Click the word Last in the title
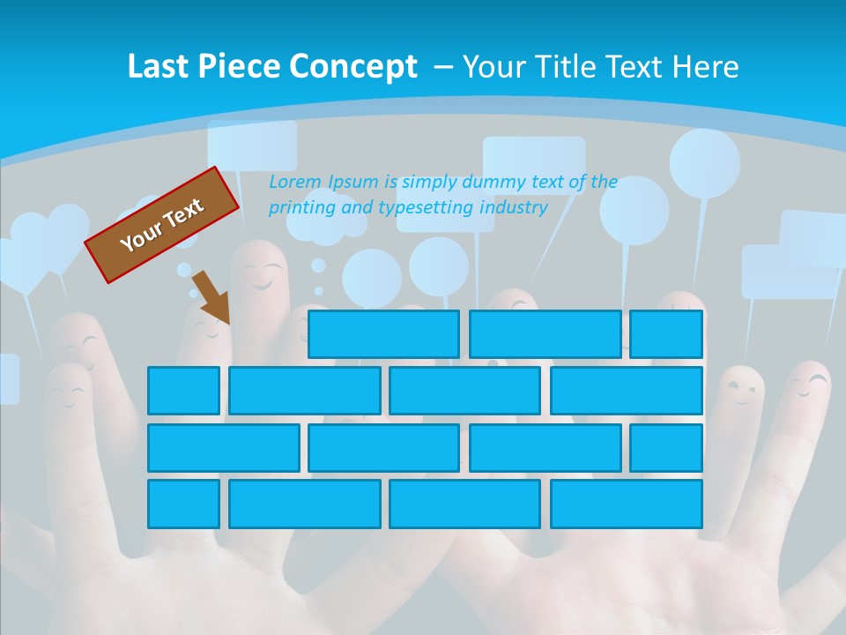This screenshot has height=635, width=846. (x=158, y=67)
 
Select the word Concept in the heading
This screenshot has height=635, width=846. (x=355, y=67)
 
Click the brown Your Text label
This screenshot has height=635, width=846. (x=162, y=224)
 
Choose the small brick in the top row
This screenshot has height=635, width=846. (x=666, y=334)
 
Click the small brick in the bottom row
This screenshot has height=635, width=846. (x=183, y=504)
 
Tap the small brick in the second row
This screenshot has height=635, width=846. (x=183, y=391)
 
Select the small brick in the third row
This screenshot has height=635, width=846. (x=666, y=447)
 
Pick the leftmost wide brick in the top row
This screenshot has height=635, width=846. (x=383, y=334)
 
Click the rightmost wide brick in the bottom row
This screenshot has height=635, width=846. (x=627, y=504)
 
